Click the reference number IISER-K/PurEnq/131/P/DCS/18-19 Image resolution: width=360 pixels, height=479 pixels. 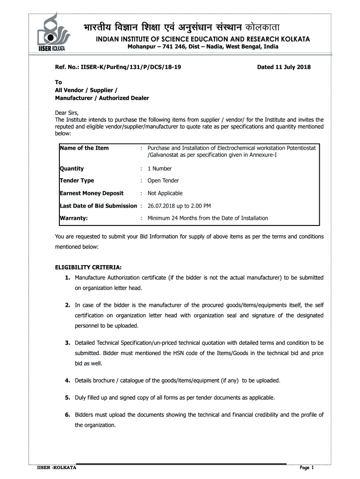pyautogui.click(x=118, y=67)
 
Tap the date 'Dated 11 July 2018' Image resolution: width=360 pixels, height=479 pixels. pyautogui.click(x=284, y=67)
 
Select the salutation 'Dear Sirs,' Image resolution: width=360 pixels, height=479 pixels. pyautogui.click(x=67, y=113)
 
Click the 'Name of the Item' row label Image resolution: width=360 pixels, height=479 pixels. pyautogui.click(x=84, y=148)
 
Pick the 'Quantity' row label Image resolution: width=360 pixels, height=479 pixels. pyautogui.click(x=72, y=168)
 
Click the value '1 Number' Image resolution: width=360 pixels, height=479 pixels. pyautogui.click(x=160, y=168)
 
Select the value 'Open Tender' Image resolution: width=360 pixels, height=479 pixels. pyautogui.click(x=163, y=181)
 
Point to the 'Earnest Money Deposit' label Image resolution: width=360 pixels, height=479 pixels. pyautogui.click(x=92, y=193)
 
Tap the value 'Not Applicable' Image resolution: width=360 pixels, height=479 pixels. pyautogui.click(x=165, y=193)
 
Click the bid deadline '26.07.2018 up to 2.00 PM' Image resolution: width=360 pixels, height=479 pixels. pyautogui.click(x=179, y=206)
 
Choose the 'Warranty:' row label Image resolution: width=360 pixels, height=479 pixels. pyautogui.click(x=74, y=218)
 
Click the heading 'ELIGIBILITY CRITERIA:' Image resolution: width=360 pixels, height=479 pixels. pyautogui.click(x=88, y=268)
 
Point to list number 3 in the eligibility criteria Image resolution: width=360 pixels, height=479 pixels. pyautogui.click(x=68, y=343)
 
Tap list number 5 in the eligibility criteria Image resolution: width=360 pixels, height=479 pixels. pyautogui.click(x=68, y=398)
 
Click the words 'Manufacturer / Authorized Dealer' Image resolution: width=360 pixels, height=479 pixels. pyautogui.click(x=102, y=98)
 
